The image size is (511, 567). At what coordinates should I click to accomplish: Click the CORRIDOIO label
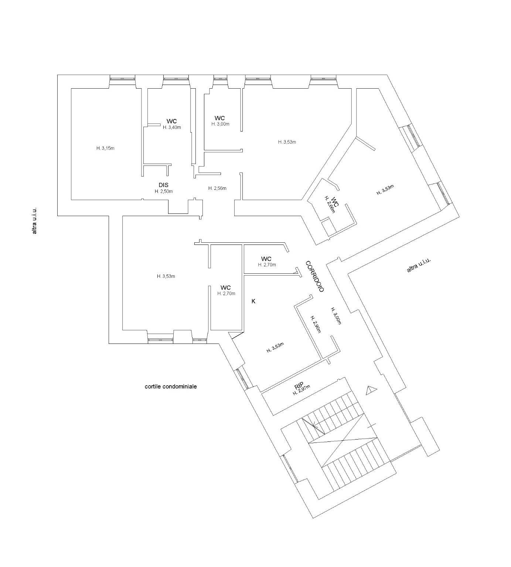pyautogui.click(x=315, y=277)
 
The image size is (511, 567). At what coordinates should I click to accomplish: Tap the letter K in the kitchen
pyautogui.click(x=253, y=301)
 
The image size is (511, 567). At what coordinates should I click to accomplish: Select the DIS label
pyautogui.click(x=164, y=185)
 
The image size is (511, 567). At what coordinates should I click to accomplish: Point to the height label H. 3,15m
pyautogui.click(x=105, y=148)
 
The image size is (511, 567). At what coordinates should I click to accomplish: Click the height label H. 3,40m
pyautogui.click(x=172, y=127)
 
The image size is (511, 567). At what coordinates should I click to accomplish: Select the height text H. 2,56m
pyautogui.click(x=217, y=188)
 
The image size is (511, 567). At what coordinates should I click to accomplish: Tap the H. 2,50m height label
pyautogui.click(x=164, y=191)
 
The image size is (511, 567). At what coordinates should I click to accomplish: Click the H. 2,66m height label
pyautogui.click(x=329, y=205)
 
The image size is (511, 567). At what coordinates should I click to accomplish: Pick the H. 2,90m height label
pyautogui.click(x=315, y=324)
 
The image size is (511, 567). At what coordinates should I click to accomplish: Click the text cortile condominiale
pyautogui.click(x=171, y=387)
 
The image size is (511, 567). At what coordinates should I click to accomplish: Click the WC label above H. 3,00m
pyautogui.click(x=220, y=118)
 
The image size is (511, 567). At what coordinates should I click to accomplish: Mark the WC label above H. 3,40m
pyautogui.click(x=172, y=121)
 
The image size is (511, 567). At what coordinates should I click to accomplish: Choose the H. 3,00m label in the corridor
pyautogui.click(x=335, y=316)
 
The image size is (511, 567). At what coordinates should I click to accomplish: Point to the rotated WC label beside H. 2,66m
pyautogui.click(x=335, y=202)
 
